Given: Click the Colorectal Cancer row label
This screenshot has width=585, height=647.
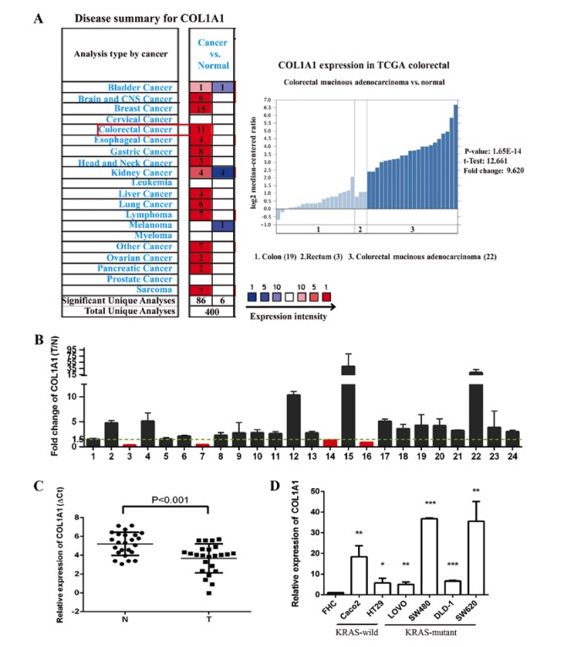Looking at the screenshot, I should tap(136, 130).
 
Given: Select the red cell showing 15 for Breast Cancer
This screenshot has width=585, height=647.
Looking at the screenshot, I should tap(201, 108).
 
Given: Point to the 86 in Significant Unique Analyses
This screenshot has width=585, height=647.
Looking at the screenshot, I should tap(201, 301).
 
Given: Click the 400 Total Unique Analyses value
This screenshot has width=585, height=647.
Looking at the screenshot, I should tap(211, 312).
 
